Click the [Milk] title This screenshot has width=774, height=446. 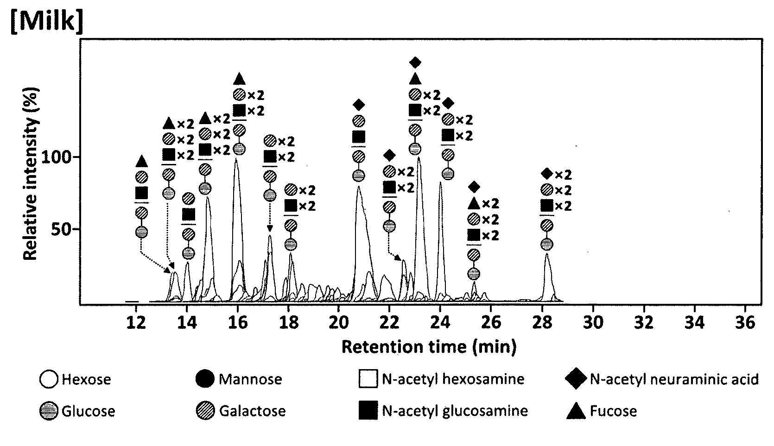pyautogui.click(x=47, y=21)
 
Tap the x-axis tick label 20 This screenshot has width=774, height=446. pyautogui.click(x=339, y=322)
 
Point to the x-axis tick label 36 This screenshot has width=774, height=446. pyautogui.click(x=745, y=322)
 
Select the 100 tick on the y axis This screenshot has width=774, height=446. pyautogui.click(x=56, y=157)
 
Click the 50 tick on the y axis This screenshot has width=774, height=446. pyautogui.click(x=61, y=229)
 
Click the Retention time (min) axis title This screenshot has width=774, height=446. pyautogui.click(x=429, y=346)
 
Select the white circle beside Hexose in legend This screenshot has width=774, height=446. pyautogui.click(x=49, y=379)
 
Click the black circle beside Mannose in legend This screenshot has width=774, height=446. pyautogui.click(x=205, y=379)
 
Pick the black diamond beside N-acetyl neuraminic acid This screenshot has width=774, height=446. pyautogui.click(x=576, y=379)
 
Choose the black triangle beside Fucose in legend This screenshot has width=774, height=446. pyautogui.click(x=576, y=411)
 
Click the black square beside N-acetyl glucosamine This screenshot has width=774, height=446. pyautogui.click(x=368, y=410)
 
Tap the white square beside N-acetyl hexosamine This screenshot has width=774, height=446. pyautogui.click(x=368, y=379)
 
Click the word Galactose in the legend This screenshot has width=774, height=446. pyautogui.click(x=252, y=411)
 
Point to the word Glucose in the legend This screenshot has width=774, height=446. pyautogui.click(x=88, y=411)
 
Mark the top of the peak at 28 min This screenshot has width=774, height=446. pyautogui.click(x=546, y=254)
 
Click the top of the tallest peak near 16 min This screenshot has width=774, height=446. pyautogui.click(x=236, y=159)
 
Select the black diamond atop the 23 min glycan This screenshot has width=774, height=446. pyautogui.click(x=415, y=63)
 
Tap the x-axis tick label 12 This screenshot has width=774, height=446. pyautogui.click(x=136, y=322)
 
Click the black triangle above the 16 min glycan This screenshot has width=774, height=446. pyautogui.click(x=239, y=79)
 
